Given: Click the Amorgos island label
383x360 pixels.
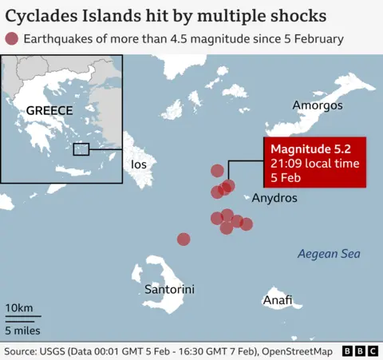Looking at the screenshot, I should click(x=318, y=105).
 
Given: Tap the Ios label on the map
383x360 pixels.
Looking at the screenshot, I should click(x=138, y=164).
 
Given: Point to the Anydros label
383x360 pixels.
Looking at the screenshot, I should click(x=274, y=198).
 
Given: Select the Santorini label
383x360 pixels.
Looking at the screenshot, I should click(x=169, y=289).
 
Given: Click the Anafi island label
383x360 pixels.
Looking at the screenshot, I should click(x=277, y=301).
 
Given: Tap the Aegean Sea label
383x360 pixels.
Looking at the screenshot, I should click(x=329, y=254).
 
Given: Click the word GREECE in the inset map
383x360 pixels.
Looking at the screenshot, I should click(x=49, y=111).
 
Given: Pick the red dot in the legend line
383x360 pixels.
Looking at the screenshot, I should click(x=11, y=38).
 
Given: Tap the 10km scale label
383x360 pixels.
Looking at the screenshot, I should click(x=19, y=309).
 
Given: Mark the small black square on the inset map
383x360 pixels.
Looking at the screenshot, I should click(x=81, y=148).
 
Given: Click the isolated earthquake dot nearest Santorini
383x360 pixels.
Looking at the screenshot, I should click(x=184, y=239).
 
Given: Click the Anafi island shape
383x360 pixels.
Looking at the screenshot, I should click(x=279, y=288).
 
